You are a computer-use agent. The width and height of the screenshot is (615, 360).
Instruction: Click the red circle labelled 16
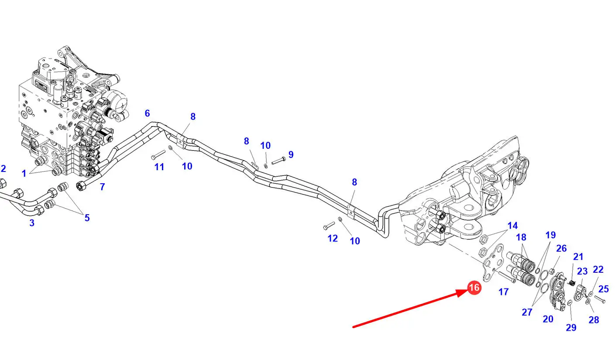(x=474, y=288)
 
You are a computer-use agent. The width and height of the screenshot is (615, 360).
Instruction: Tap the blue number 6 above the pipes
(x=148, y=113)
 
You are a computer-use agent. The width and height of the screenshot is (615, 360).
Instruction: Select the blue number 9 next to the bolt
(x=291, y=154)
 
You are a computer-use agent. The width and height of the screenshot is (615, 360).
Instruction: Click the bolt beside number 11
(x=158, y=155)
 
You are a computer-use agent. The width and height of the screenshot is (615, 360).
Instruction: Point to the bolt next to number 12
(x=328, y=226)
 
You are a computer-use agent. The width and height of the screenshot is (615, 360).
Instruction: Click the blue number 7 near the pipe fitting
(x=102, y=187)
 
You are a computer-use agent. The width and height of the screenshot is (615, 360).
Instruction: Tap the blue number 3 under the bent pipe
(x=32, y=223)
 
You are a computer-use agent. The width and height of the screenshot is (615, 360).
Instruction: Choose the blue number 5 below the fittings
(x=87, y=218)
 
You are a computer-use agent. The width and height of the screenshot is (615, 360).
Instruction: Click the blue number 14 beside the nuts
(x=512, y=226)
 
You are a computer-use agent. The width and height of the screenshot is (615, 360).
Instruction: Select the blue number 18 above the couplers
(x=521, y=237)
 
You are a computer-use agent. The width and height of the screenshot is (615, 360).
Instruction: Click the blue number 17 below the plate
(x=504, y=291)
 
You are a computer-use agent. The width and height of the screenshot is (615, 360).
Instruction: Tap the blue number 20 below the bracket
(x=548, y=319)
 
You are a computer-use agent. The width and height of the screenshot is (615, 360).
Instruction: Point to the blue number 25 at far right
(x=604, y=288)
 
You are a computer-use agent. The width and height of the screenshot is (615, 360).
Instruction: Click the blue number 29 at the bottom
(x=571, y=327)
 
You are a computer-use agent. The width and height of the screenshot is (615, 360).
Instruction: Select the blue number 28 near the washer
(x=594, y=320)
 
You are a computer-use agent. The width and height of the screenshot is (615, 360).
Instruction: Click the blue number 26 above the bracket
(x=561, y=248)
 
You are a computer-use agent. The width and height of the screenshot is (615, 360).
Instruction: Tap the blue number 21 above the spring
(x=578, y=257)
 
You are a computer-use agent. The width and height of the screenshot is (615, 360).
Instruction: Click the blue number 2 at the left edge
(x=3, y=169)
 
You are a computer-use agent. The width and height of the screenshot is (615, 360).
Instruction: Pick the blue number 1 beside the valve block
(x=24, y=173)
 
